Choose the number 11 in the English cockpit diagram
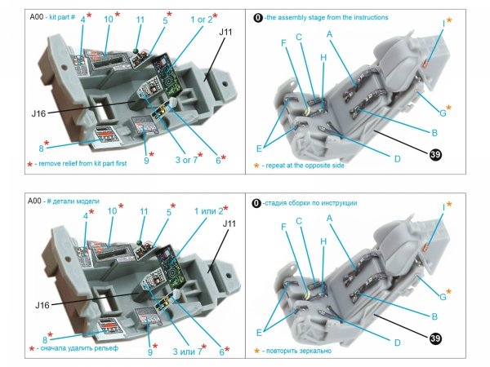pyautogui.click(x=140, y=20)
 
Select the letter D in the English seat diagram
pyautogui.click(x=397, y=157)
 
